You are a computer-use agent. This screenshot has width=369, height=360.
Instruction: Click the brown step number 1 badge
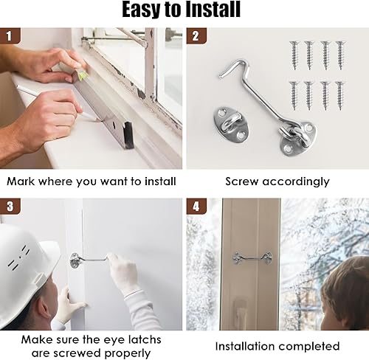coord(10,36)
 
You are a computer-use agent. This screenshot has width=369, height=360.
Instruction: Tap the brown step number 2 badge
coord(196,36)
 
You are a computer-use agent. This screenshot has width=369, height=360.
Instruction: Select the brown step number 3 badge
coord(10,206)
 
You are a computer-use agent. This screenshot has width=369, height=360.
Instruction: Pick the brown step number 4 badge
coord(196,206)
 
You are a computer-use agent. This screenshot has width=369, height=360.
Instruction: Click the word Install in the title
coord(213,10)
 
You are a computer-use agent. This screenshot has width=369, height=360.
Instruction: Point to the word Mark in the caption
coord(21,181)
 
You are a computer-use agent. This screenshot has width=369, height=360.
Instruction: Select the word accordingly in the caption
coord(295,182)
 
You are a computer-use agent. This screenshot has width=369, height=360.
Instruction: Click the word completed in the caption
coord(309,347)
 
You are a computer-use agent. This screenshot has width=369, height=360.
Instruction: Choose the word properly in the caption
coord(128,354)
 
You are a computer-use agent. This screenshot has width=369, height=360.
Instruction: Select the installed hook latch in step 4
coord(252,258)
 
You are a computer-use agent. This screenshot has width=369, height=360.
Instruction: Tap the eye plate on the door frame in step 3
coord(75,260)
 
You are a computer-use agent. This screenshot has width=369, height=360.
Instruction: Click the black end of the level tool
coord(129,135)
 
